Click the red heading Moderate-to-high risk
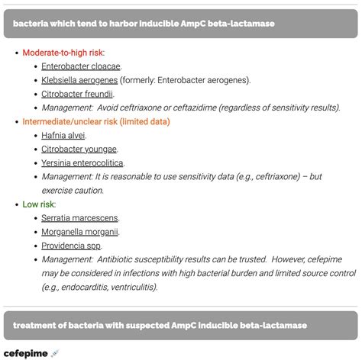pyautogui.click(x=63, y=53)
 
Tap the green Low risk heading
pyautogui.click(x=39, y=204)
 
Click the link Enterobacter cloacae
pyautogui.click(x=81, y=66)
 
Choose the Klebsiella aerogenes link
pyautogui.click(x=80, y=80)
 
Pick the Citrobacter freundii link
pyautogui.click(x=77, y=94)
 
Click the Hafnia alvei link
pyautogui.click(x=63, y=136)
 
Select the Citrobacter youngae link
pyautogui.click(x=79, y=149)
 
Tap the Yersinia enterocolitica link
pyautogui.click(x=82, y=163)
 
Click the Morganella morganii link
pyautogui.click(x=79, y=232)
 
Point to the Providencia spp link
pyautogui.click(x=71, y=246)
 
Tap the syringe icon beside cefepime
pyautogui.click(x=54, y=352)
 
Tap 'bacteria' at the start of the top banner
pyautogui.click(x=31, y=24)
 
